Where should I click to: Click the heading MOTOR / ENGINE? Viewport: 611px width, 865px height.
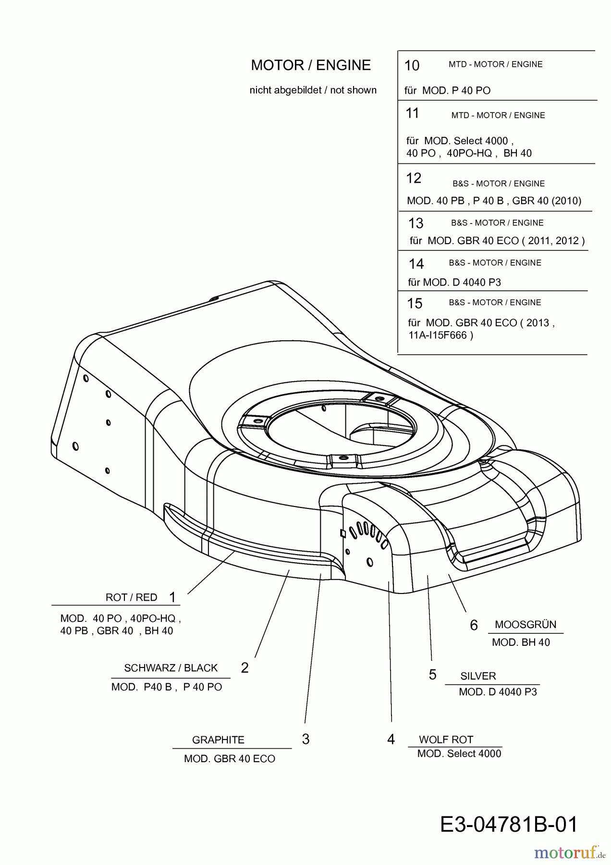311,65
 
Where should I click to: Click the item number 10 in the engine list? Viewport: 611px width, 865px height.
412,66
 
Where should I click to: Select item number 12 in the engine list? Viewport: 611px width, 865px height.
414,178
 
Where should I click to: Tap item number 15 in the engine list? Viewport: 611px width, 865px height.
415,304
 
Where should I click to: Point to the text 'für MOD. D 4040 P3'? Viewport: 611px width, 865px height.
454,283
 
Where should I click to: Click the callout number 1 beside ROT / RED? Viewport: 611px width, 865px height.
172,597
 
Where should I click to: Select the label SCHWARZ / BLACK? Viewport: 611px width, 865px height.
171,668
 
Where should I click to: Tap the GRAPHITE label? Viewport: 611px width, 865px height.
218,740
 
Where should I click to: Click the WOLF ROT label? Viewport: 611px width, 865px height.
446,740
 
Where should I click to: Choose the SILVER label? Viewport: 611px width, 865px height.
478,676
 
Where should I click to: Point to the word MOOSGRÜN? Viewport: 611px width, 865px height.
525,625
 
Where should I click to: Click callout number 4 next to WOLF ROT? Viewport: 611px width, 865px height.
391,739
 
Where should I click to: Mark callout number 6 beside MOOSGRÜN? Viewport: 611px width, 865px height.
474,625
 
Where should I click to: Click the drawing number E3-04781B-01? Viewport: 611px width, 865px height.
509,825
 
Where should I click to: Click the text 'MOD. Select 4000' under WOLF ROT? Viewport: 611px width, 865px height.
459,754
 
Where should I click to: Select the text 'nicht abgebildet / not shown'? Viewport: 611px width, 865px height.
313,90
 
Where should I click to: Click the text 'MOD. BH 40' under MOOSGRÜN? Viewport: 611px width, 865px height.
521,643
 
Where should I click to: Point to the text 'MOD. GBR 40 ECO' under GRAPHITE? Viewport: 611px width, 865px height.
230,759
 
